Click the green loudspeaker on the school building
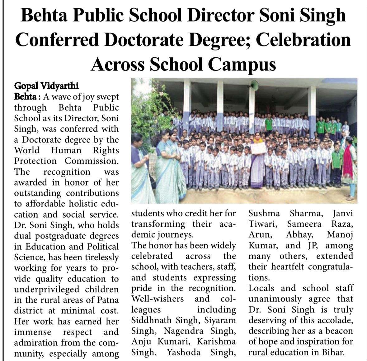[x=254, y=85]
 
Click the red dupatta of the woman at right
[x=348, y=162]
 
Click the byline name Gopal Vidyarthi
[x=46, y=86]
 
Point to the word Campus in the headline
[x=242, y=64]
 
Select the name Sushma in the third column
[x=264, y=214]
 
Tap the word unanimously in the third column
[x=275, y=299]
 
